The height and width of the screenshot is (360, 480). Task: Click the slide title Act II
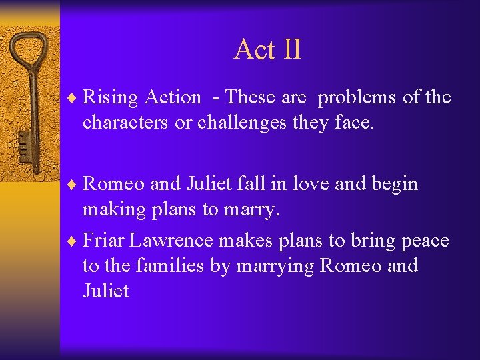pos(267,49)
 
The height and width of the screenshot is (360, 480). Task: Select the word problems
pos(357,98)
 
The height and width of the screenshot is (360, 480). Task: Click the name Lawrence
pos(182,240)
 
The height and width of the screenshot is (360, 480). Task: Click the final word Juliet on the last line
pos(105,291)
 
